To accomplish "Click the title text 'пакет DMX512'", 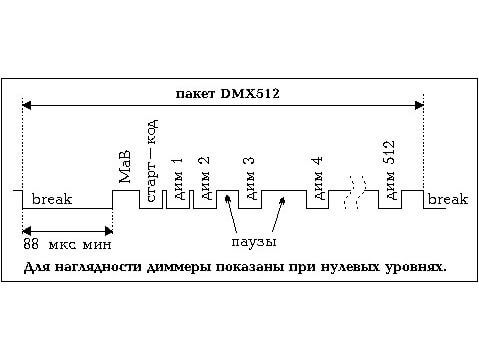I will (x=226, y=93).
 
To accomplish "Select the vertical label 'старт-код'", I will (x=153, y=161).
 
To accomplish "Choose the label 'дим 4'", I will (x=318, y=176).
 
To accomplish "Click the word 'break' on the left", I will (x=52, y=200).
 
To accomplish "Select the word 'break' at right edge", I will (x=447, y=200).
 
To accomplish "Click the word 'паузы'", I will (x=251, y=242).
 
